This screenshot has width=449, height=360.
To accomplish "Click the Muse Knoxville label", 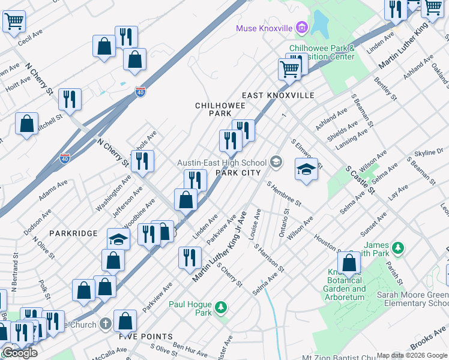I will [264, 28].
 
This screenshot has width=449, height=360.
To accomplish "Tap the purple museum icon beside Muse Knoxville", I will [301, 28].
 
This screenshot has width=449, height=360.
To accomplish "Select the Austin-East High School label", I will [221, 163].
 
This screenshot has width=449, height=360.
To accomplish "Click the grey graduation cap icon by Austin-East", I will [276, 161].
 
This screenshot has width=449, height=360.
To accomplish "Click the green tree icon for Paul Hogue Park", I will [221, 307].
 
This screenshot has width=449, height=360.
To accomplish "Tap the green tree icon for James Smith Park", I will [396, 247].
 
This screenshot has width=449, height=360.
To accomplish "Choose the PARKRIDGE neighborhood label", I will [73, 233].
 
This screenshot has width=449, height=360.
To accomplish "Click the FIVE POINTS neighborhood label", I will [146, 337].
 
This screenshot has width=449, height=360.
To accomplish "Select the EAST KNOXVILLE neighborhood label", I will [278, 95].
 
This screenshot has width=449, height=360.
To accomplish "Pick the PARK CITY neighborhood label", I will [238, 173].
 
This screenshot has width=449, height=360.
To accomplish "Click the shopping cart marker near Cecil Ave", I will [14, 22].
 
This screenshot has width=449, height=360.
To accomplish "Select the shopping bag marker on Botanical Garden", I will [349, 263].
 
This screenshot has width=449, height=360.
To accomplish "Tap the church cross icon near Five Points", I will [106, 324].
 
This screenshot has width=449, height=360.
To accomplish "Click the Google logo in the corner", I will [20, 353].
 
